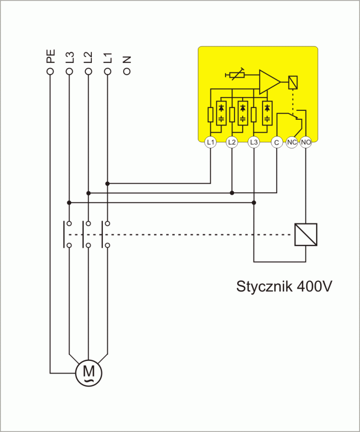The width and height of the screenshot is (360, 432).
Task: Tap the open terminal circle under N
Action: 126,71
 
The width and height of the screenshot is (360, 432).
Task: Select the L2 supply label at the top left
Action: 88,57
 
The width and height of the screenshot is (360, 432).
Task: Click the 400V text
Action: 313,287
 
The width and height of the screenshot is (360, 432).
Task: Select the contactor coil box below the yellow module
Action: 306,234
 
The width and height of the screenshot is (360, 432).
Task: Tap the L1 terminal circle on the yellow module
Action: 210,142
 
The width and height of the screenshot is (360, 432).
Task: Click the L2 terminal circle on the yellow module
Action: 232,142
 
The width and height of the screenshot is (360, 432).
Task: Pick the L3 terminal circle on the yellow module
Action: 254,142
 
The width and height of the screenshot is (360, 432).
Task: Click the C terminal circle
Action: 277,142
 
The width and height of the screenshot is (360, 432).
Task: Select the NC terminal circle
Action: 292,142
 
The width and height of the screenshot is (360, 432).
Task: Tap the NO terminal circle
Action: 306,142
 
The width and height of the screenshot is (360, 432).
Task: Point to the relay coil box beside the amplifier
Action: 293,82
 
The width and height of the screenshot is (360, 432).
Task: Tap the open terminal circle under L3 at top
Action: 69,71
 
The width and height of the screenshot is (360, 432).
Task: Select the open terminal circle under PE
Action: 50,71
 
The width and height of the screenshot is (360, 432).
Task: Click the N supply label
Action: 126,59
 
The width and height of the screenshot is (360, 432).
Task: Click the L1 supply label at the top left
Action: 108,57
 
